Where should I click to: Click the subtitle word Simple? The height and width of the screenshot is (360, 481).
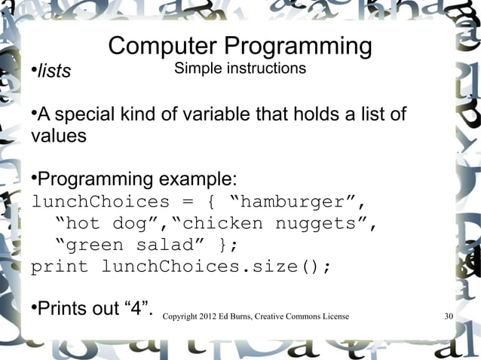196,69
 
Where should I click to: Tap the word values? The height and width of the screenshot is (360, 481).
59,138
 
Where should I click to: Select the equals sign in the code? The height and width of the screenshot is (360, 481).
185,203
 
